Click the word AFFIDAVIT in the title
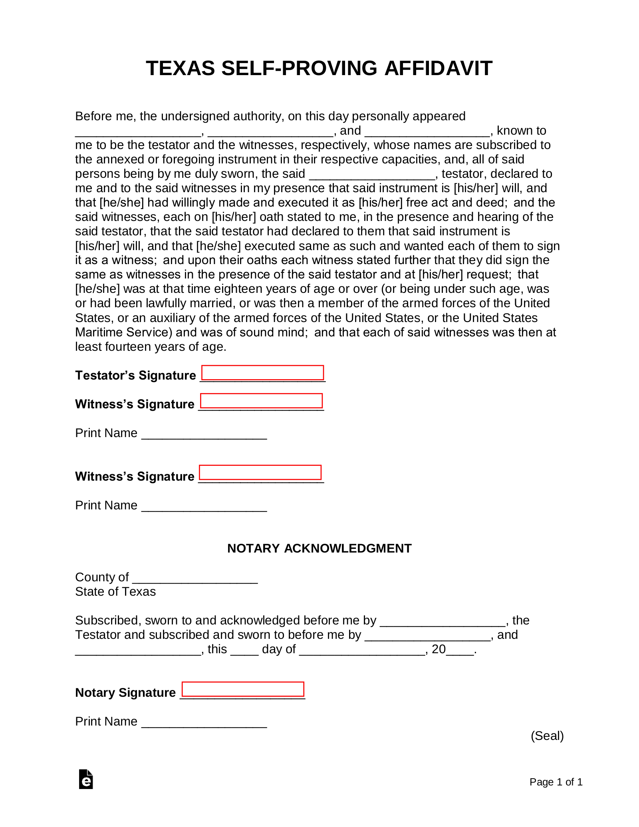tap(438, 68)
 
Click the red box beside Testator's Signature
tap(262, 372)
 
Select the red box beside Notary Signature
tap(243, 689)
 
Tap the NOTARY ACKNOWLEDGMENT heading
tap(319, 548)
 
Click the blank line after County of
tap(195, 578)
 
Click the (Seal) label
tap(547, 736)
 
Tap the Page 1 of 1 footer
tap(556, 782)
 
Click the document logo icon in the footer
tap(86, 779)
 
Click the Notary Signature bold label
tap(125, 692)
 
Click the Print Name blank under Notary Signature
tap(204, 722)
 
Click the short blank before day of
tap(244, 650)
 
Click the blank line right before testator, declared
tap(372, 175)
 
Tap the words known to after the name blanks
tap(521, 131)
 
